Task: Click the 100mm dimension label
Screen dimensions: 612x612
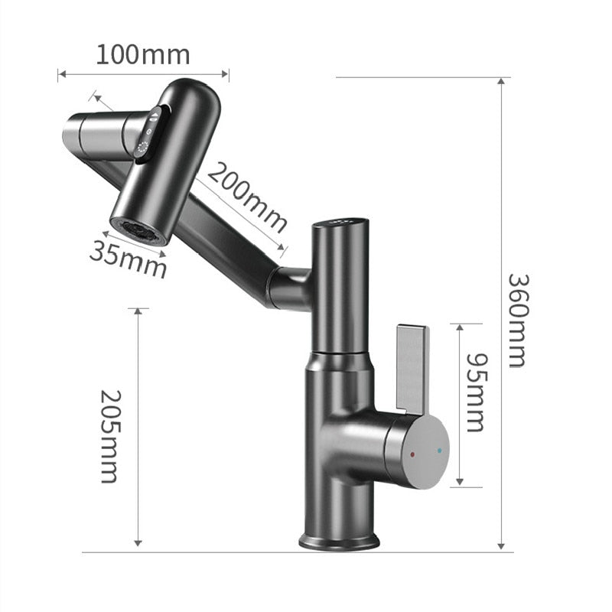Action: (x=142, y=55)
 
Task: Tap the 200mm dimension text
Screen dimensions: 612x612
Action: (x=247, y=197)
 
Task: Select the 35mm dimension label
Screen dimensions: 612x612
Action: (x=128, y=259)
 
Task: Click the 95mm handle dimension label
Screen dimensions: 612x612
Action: (x=476, y=392)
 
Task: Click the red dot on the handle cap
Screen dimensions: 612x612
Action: (x=412, y=454)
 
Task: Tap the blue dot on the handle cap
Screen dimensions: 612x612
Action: (x=438, y=451)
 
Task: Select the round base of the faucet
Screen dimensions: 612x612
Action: (x=338, y=542)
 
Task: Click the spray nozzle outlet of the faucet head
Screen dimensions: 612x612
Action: (x=137, y=230)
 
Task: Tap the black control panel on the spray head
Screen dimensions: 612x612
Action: (x=148, y=132)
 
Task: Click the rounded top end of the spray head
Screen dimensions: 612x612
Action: (x=196, y=93)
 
